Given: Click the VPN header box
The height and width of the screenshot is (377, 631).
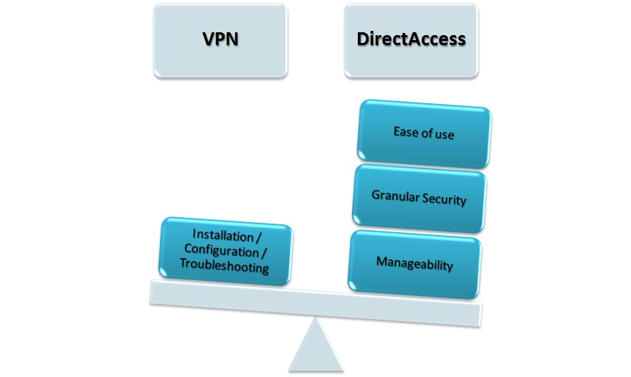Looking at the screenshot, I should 220,40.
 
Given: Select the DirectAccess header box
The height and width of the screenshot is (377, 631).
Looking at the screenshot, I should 410,40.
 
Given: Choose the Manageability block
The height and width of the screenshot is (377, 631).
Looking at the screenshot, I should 414,264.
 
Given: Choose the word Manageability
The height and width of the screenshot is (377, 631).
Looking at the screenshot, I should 414,264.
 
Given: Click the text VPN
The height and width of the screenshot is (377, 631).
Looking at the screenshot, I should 220,40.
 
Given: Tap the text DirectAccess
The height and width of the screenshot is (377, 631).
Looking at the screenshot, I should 410,40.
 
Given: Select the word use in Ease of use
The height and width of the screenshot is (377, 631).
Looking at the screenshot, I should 443,134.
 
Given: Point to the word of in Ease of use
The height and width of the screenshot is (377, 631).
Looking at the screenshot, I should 425,133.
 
